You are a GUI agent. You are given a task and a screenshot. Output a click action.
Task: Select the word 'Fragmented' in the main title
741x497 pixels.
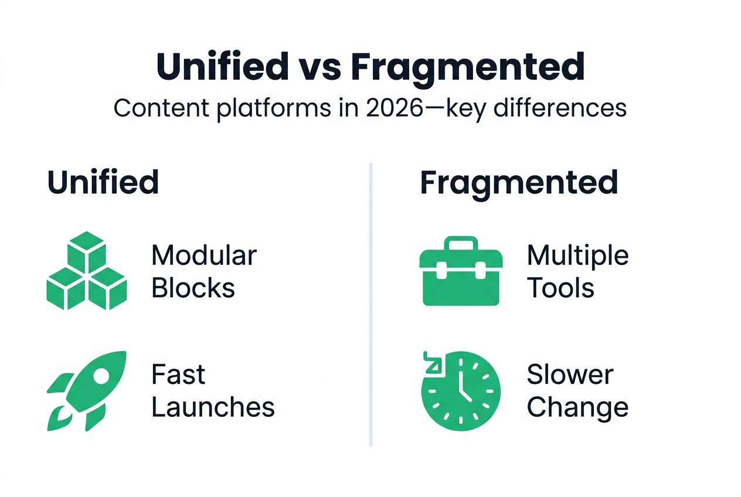(468, 68)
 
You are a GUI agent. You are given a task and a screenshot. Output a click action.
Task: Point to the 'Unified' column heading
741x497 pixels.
(103, 182)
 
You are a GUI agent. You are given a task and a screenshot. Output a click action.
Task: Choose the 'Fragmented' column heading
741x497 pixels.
(519, 182)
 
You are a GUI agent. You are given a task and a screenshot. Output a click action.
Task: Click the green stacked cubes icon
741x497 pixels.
(86, 270)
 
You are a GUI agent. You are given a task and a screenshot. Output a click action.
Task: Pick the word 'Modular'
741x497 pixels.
(204, 256)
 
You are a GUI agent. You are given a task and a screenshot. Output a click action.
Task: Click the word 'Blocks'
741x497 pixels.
(193, 288)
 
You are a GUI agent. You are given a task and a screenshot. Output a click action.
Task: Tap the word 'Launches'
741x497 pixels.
(213, 407)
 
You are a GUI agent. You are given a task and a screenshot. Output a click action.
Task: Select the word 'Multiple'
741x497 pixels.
(577, 256)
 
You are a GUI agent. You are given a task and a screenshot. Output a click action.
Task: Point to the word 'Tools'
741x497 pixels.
(560, 288)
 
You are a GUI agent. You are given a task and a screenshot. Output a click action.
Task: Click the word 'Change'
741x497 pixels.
(577, 407)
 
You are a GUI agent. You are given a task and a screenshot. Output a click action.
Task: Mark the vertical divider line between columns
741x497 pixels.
(370, 305)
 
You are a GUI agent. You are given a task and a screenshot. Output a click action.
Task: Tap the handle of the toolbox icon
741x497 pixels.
(461, 242)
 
